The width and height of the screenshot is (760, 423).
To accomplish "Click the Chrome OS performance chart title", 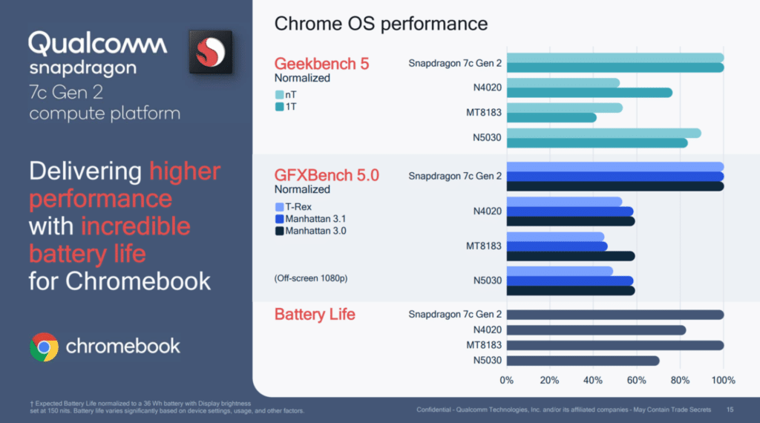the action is [x=381, y=24].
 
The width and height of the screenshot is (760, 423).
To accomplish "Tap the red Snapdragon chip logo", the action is [x=210, y=53].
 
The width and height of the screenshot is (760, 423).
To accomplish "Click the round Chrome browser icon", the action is [x=44, y=347].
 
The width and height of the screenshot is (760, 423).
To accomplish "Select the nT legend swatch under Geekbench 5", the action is [x=279, y=94].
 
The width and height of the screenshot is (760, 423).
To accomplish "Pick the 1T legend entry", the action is [x=286, y=107].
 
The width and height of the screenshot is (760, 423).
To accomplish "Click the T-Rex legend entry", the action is [x=293, y=207].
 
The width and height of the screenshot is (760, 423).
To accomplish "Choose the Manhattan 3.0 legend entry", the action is [x=311, y=231].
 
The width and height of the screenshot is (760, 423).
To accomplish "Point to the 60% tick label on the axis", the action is [x=636, y=381].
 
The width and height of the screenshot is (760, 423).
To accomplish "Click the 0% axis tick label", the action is [x=506, y=381].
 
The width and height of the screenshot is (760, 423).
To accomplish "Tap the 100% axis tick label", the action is [x=723, y=381].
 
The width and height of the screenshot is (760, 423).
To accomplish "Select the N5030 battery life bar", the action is [x=583, y=361].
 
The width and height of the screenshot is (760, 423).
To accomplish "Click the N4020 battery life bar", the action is [x=596, y=330].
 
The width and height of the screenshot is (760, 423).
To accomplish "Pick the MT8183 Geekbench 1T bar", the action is [x=551, y=118].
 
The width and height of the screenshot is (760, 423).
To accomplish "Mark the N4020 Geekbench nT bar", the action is [x=563, y=83].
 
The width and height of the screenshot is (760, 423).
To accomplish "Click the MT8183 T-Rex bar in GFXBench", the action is [x=555, y=237].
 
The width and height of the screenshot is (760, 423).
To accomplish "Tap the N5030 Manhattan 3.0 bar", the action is [x=571, y=291].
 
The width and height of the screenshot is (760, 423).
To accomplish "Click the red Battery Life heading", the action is [x=315, y=315].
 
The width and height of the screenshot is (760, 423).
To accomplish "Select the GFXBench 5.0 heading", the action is [x=327, y=175].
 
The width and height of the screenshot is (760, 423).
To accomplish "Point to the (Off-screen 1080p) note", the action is [x=311, y=278].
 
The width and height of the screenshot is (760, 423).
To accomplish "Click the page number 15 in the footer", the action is [x=730, y=410].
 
